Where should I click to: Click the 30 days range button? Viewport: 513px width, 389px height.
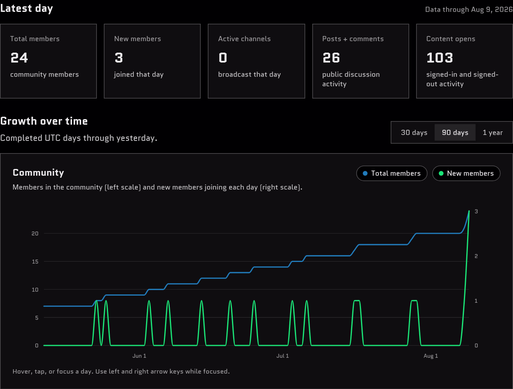point(414,133)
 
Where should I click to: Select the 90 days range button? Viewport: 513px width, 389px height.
point(455,133)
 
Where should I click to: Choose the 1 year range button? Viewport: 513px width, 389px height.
point(493,133)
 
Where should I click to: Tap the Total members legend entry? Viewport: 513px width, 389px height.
point(392,173)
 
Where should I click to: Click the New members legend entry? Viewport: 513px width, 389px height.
point(466,173)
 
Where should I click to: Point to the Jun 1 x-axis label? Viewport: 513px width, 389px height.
point(139,356)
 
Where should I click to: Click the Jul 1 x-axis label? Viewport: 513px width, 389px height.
point(283,356)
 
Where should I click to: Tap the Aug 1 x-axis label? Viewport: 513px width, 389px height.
point(431,356)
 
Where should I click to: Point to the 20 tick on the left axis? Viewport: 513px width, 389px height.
point(35,233)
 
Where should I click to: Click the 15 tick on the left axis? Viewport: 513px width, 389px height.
point(35,262)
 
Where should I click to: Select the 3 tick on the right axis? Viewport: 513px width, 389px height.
point(476,211)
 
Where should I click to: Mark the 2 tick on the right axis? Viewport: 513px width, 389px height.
point(476,256)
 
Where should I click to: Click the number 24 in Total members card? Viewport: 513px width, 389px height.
point(19,58)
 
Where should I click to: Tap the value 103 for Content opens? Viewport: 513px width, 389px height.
point(440,58)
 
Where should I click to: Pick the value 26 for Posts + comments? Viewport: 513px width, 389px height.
point(331,58)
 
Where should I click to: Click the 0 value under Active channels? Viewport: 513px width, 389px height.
point(223,58)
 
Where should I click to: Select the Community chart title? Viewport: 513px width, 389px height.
point(38,173)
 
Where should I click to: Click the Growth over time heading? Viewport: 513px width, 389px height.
point(44,121)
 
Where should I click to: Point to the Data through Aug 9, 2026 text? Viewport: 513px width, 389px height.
point(469,9)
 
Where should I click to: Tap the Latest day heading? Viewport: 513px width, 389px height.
point(27,8)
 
